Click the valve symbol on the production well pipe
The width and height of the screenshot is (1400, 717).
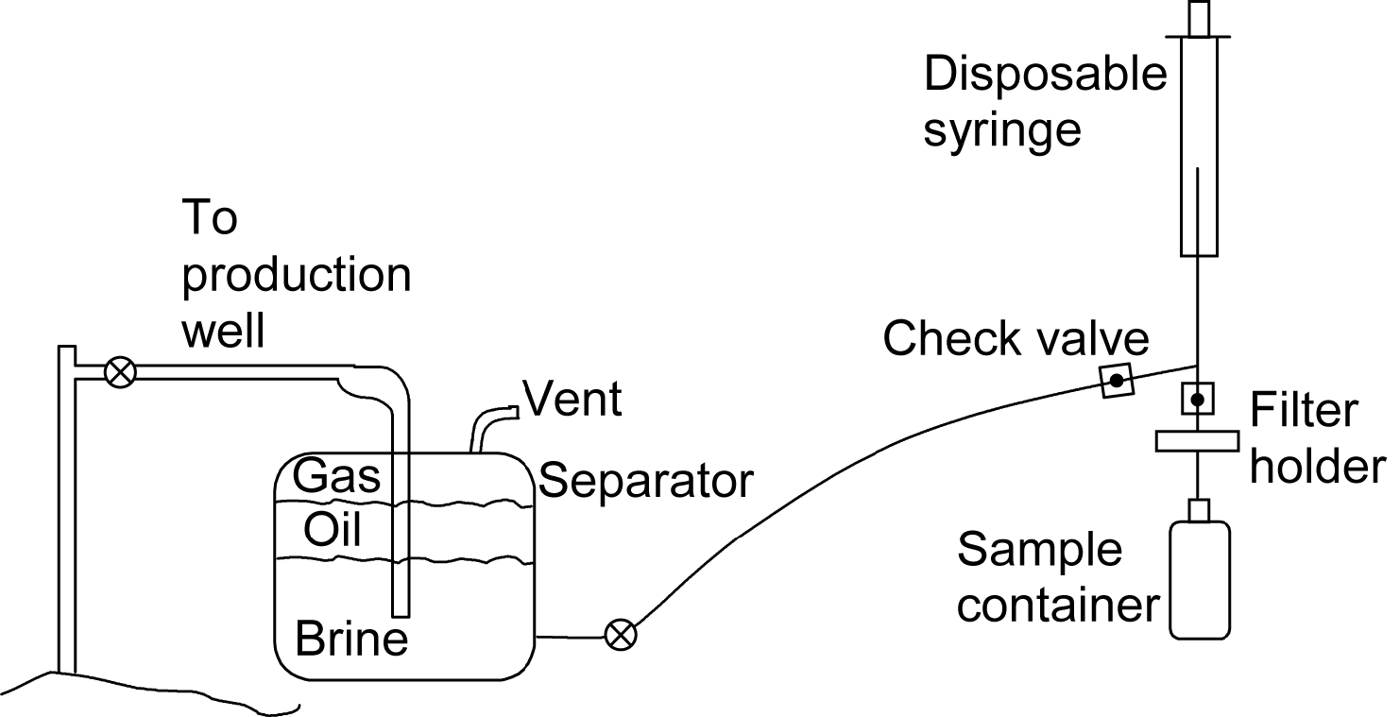point(119,372)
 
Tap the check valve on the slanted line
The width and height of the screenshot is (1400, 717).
point(1116,382)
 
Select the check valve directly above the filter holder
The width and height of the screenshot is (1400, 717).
point(1197,400)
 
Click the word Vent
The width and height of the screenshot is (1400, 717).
point(573,399)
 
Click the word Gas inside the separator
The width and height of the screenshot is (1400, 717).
point(337,476)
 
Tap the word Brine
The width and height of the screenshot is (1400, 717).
point(351,640)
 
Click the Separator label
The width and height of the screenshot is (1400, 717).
point(646,482)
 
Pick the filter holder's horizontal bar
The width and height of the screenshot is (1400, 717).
point(1196,440)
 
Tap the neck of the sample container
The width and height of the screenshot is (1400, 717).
point(1199,511)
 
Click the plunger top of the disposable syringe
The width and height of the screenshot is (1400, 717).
point(1198,17)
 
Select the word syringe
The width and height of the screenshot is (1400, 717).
point(1001,129)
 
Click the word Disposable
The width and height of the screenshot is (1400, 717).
point(1046,74)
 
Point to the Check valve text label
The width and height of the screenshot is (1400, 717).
point(1016,339)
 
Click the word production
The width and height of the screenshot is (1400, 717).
point(297,277)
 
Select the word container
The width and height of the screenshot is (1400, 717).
point(1058,605)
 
